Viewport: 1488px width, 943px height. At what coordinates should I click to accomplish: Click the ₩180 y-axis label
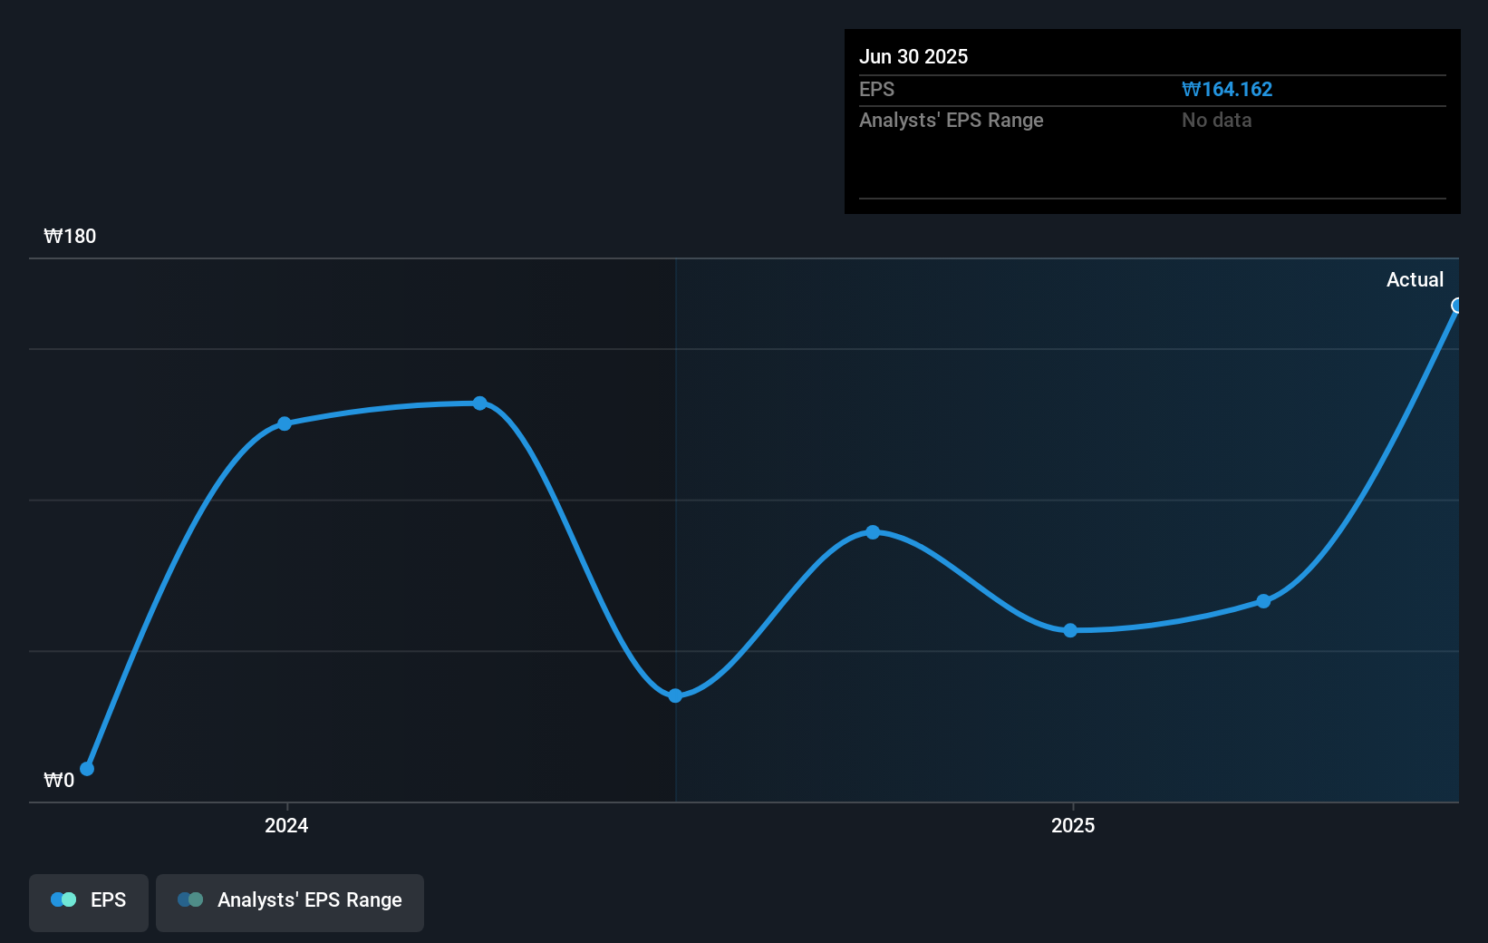(x=70, y=237)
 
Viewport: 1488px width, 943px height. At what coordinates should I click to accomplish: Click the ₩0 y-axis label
(x=59, y=781)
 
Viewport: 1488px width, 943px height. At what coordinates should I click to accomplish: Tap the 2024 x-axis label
(x=286, y=825)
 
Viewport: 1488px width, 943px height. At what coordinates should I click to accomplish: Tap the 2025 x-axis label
(x=1073, y=825)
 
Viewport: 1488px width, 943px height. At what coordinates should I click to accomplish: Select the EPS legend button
(x=89, y=901)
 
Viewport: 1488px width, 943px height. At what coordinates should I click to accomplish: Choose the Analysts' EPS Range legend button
(x=290, y=901)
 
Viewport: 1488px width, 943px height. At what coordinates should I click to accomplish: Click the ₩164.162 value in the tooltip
(x=1227, y=90)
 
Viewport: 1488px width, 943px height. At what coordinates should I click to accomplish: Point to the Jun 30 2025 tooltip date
(x=913, y=56)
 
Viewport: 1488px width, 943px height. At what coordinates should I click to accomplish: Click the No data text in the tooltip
(x=1216, y=121)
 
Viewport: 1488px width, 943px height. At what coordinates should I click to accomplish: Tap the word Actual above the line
(x=1415, y=280)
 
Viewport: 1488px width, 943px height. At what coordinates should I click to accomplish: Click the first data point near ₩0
(x=87, y=769)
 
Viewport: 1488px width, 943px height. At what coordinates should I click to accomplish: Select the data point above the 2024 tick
(x=285, y=423)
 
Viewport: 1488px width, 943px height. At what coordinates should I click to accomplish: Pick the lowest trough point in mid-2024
(x=675, y=695)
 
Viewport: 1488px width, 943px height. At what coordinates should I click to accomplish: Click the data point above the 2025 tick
(x=1070, y=630)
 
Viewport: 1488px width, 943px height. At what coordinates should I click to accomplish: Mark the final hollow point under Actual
(x=1456, y=306)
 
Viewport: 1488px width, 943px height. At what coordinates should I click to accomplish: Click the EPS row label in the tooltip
(x=876, y=90)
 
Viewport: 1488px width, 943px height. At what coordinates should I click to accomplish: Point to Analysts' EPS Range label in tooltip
(x=951, y=121)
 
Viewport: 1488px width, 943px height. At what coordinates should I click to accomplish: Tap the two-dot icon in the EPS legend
(x=63, y=899)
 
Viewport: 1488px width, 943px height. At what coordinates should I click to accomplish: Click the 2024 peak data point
(x=479, y=403)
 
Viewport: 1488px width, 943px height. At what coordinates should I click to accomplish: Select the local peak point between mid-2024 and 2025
(x=873, y=532)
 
